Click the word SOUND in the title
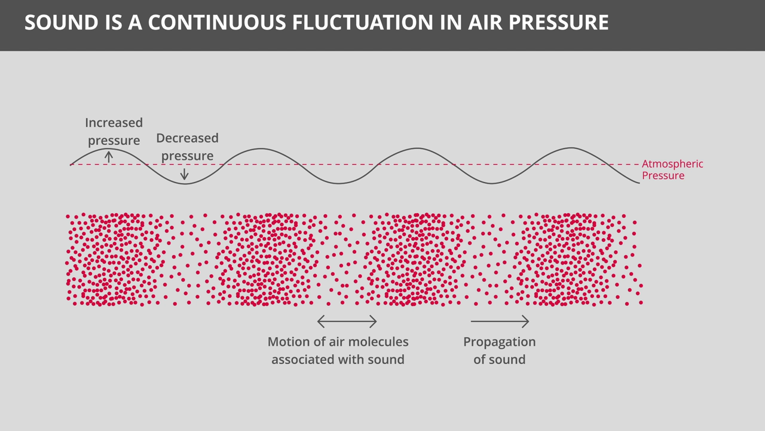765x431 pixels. (x=62, y=23)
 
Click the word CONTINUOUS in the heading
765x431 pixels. (x=217, y=23)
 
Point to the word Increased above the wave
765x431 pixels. (x=114, y=123)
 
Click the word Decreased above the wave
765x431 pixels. (x=187, y=138)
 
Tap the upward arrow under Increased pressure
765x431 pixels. (x=109, y=157)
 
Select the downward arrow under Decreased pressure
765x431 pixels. (x=185, y=174)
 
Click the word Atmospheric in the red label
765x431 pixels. (x=672, y=164)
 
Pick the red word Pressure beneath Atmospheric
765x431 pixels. (x=663, y=175)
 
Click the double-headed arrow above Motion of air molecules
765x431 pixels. (x=347, y=321)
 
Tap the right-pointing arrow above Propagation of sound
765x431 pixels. (x=500, y=321)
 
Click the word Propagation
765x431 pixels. (x=499, y=342)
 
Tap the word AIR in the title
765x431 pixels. (x=485, y=23)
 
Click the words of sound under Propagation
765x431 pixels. (x=499, y=360)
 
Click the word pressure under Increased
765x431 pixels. (x=114, y=141)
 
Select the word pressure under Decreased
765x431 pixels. (x=187, y=156)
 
